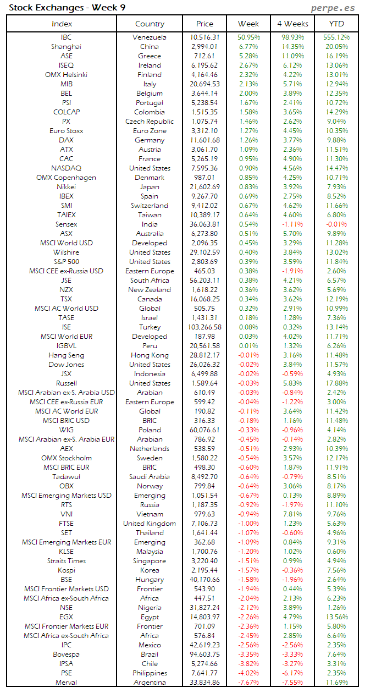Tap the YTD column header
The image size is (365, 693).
click(336, 24)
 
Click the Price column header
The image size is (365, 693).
click(204, 24)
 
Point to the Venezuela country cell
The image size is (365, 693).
click(150, 37)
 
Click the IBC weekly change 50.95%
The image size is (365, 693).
click(248, 37)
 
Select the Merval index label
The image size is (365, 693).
click(67, 683)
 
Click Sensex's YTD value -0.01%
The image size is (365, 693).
click(336, 224)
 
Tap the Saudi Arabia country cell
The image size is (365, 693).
click(150, 477)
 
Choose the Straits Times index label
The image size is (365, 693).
click(67, 561)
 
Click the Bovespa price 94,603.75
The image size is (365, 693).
click(204, 654)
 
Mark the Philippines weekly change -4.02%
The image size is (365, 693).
click(248, 673)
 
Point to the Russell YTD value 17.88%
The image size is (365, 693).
click(336, 383)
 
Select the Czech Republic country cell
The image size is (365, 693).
click(150, 122)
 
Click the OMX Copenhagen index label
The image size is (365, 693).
click(67, 178)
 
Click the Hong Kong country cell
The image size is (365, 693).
click(150, 355)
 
